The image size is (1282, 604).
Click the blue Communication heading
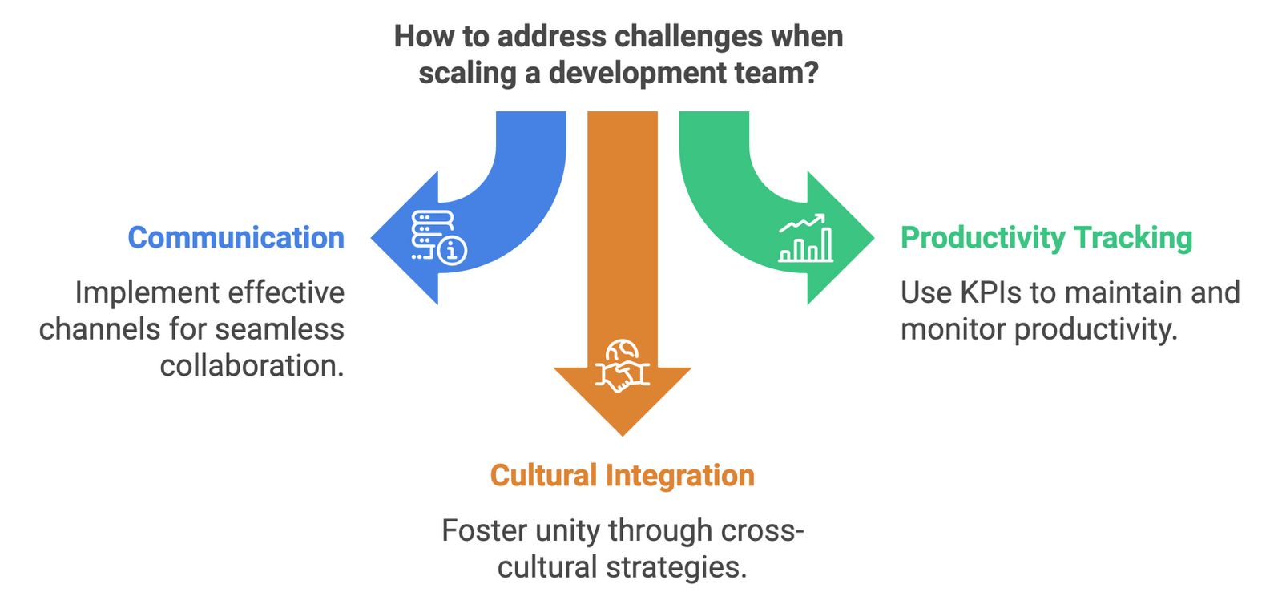click(236, 238)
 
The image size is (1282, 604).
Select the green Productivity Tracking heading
click(1046, 238)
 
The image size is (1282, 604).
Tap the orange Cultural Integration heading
click(622, 476)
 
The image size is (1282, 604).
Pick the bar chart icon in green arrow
click(805, 239)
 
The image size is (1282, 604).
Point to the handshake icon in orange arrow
click(622, 366)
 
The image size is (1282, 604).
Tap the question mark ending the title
click(811, 73)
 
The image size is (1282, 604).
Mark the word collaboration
click(252, 366)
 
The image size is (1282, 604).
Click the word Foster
click(484, 531)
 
